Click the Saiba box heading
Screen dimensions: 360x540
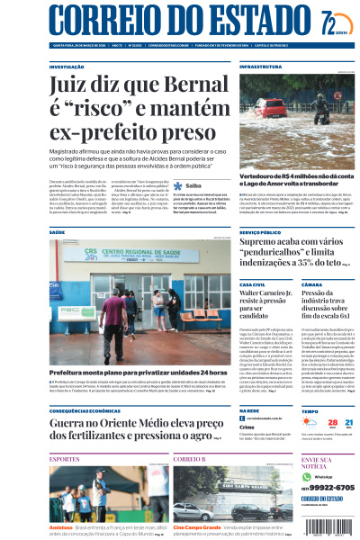(193, 186)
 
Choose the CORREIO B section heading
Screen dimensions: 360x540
(190, 459)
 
